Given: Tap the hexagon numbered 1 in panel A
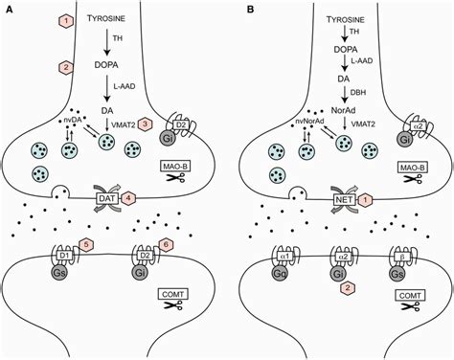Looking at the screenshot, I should [65, 20].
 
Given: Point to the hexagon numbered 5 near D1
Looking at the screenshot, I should [89, 244].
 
